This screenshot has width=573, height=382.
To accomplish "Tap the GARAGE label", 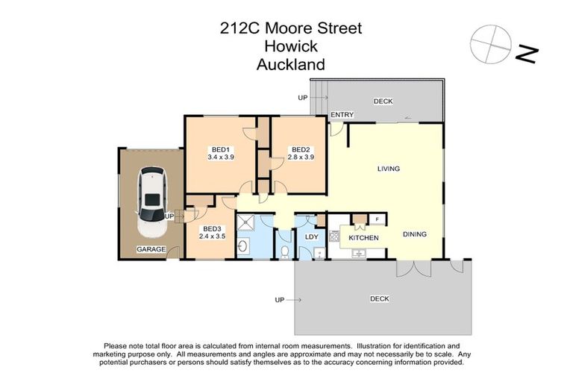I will tap(150, 249).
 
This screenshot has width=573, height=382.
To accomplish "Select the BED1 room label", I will tap(220, 148).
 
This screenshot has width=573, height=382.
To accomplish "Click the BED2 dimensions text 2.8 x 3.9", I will tap(300, 157).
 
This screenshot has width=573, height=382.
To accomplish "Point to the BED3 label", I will tap(211, 229).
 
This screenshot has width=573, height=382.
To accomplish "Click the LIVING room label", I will tap(388, 169).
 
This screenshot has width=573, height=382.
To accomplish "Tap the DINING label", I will tap(414, 234).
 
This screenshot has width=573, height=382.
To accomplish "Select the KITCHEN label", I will tap(363, 238).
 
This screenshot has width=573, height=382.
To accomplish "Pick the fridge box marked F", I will tap(378, 219).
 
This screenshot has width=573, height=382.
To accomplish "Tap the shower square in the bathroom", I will tap(246, 222).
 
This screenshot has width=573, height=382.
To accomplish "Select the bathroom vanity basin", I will tap(243, 247).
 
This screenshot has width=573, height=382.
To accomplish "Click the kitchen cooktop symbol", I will tap(335, 237).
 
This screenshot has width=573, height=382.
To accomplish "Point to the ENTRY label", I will tap(342, 114).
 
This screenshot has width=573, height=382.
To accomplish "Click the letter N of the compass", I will tap(527, 54).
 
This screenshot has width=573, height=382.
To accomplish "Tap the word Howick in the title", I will tap(290, 46).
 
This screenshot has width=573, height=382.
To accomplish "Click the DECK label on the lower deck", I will tap(380, 299).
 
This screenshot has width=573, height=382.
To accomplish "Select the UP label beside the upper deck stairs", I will tap(302, 98).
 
